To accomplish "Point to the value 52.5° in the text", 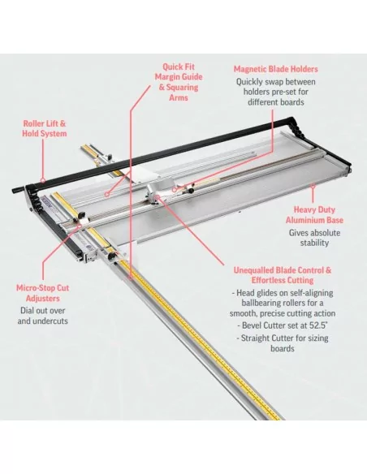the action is (318, 325).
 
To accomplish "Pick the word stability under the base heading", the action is (314, 243).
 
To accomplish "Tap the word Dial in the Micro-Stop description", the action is (27, 311).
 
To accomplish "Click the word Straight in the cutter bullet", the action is (255, 338).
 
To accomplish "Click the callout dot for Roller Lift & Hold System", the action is (43, 181).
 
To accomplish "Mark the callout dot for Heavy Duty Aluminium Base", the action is (313, 186).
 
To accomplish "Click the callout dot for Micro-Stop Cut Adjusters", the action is (80, 225).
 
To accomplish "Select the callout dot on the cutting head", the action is (158, 197).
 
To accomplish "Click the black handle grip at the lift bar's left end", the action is (18, 190).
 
